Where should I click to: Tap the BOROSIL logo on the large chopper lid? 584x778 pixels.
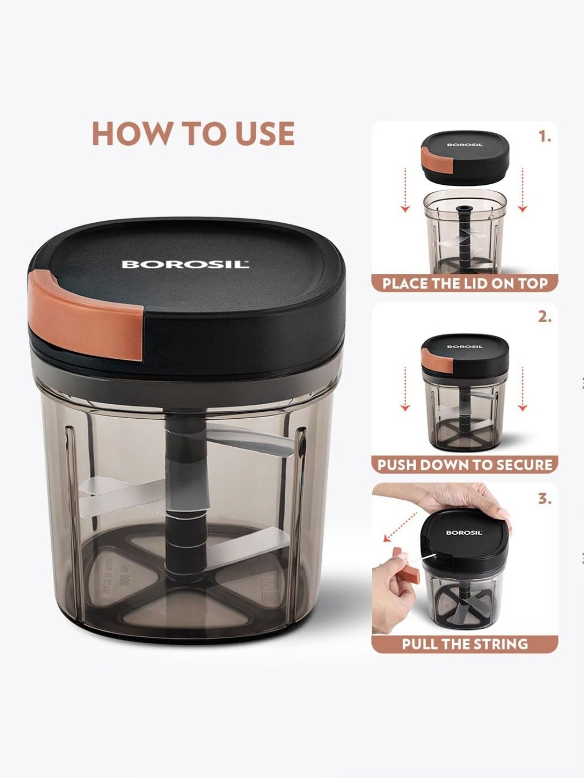point(185,265)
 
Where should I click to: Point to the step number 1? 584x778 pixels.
point(545,137)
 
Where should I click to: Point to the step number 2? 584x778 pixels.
point(545,317)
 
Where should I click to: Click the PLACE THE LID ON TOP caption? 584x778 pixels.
point(465,283)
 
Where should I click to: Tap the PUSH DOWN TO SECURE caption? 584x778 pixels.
point(465,465)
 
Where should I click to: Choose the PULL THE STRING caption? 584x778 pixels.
point(465,644)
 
